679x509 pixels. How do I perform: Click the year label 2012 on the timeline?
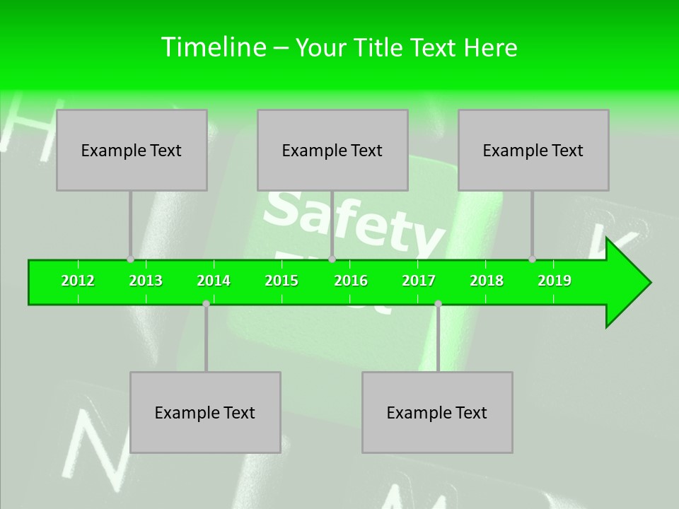tap(78, 281)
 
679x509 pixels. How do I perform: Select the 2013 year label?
tap(146, 281)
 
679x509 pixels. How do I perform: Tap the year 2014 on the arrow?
tap(214, 281)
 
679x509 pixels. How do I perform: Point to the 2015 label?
tap(282, 281)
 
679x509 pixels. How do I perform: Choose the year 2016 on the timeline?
tap(351, 281)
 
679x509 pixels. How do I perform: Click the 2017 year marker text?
tap(419, 281)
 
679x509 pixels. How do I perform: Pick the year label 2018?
tap(487, 281)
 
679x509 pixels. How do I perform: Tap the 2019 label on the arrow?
tap(555, 281)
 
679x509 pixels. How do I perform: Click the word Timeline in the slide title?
tap(212, 47)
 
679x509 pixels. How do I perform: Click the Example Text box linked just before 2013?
tap(132, 150)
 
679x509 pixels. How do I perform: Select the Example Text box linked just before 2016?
tap(332, 150)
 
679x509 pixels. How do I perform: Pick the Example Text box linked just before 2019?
tap(533, 150)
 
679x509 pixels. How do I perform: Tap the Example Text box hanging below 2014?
tap(205, 412)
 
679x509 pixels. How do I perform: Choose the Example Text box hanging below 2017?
tap(437, 412)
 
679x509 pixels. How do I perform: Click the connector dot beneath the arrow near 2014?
tap(206, 303)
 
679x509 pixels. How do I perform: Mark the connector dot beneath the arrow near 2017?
tap(438, 303)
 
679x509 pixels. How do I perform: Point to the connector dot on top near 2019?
tap(532, 259)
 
